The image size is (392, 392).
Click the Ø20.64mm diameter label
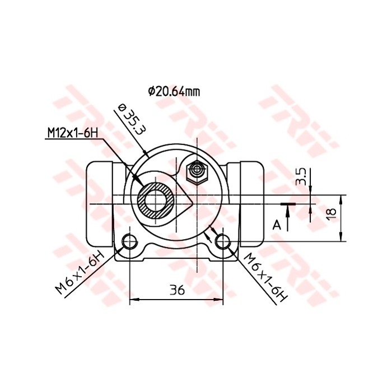(174, 91)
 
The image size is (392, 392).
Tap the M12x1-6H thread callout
(72, 133)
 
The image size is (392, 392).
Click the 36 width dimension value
(177, 290)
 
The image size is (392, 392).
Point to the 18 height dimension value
(331, 213)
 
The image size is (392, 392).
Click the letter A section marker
(276, 225)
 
